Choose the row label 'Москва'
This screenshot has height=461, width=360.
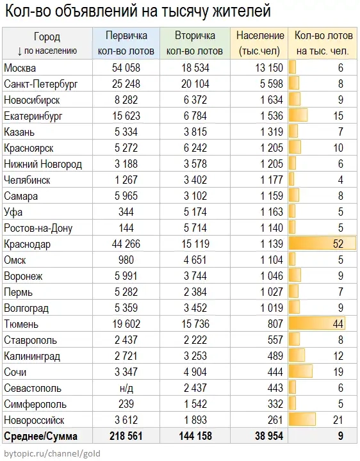pos(20,67)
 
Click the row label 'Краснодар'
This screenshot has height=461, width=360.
pos(27,244)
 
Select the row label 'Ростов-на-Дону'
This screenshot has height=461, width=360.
pos(38,228)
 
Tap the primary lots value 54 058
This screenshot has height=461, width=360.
pos(126,67)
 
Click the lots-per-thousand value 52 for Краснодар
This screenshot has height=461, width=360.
pos(338,244)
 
